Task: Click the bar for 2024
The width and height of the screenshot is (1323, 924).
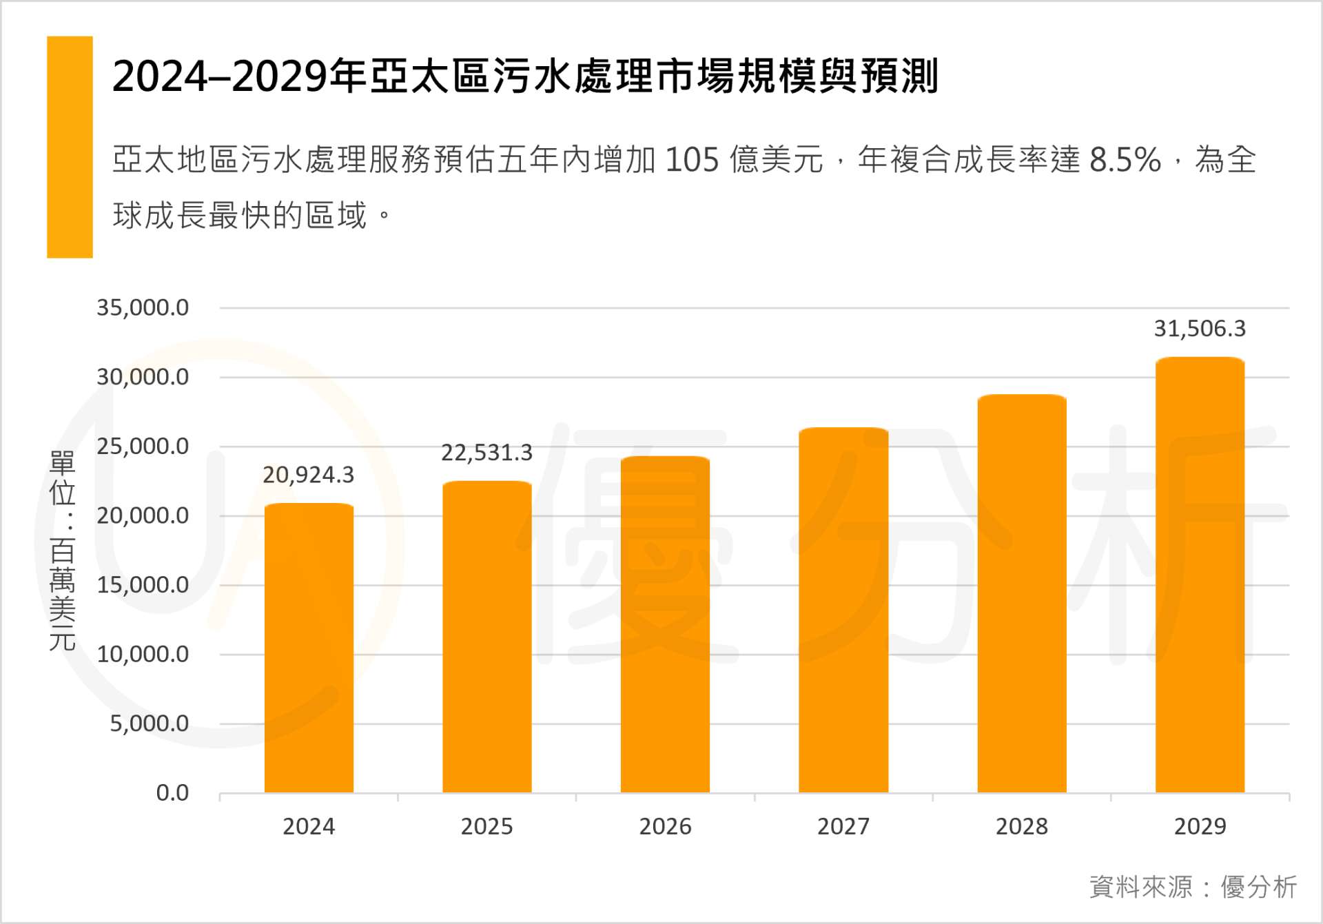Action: pos(309,648)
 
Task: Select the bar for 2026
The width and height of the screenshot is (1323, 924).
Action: pos(665,624)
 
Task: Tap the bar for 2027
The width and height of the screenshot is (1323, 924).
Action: pos(843,610)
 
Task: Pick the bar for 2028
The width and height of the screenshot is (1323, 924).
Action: pos(1022,593)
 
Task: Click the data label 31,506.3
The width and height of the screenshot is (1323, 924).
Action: pos(1200,329)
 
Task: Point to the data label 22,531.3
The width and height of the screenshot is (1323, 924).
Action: pos(486,453)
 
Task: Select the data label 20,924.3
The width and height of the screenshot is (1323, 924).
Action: pos(308,475)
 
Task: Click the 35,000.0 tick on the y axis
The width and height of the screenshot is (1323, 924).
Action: pos(143,307)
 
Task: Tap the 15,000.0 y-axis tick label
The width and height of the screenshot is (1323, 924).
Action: pos(143,585)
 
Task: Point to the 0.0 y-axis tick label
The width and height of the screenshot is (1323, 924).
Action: pos(172,793)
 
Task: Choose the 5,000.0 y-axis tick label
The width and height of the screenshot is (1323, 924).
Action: pos(149,723)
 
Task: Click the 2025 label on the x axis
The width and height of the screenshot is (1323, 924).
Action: pos(486,826)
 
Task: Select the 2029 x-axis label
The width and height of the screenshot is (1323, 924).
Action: pos(1200,826)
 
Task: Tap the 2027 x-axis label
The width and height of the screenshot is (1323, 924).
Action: pos(843,826)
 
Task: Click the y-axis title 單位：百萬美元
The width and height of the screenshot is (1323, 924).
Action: pos(62,551)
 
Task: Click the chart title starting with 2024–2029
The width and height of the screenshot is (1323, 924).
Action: pos(525,76)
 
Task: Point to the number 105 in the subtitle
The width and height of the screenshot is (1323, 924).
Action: pos(693,160)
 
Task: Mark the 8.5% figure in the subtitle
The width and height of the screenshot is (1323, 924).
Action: pos(1125,160)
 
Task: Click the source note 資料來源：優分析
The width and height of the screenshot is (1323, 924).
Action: pos(1193,887)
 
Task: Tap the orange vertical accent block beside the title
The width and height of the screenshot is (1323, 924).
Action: pos(70,147)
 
